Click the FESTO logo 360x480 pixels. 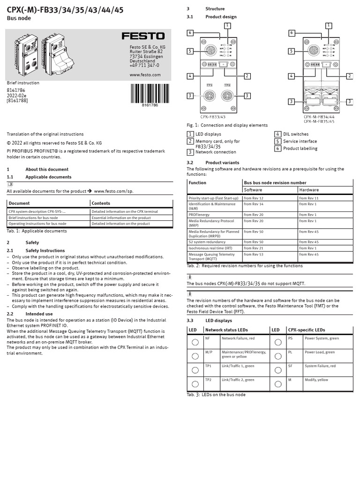coord(143,36)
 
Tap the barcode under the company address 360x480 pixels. coord(150,94)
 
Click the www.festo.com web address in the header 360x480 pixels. coord(145,75)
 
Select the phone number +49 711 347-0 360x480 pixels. coord(144,66)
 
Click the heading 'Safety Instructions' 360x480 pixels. coord(45,251)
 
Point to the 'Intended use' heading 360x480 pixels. coord(39,314)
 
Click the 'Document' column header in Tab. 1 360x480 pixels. coord(19,203)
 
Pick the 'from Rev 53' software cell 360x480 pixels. coord(254,255)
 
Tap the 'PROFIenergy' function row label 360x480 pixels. coord(202,214)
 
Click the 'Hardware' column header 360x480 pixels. coord(309,190)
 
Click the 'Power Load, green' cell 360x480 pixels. coord(320,352)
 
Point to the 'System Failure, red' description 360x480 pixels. coord(320,366)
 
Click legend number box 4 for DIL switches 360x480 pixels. coord(278,134)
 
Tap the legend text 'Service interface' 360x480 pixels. coord(300,141)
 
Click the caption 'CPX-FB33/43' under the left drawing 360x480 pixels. coord(213,117)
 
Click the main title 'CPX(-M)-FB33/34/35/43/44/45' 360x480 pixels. coord(65,10)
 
